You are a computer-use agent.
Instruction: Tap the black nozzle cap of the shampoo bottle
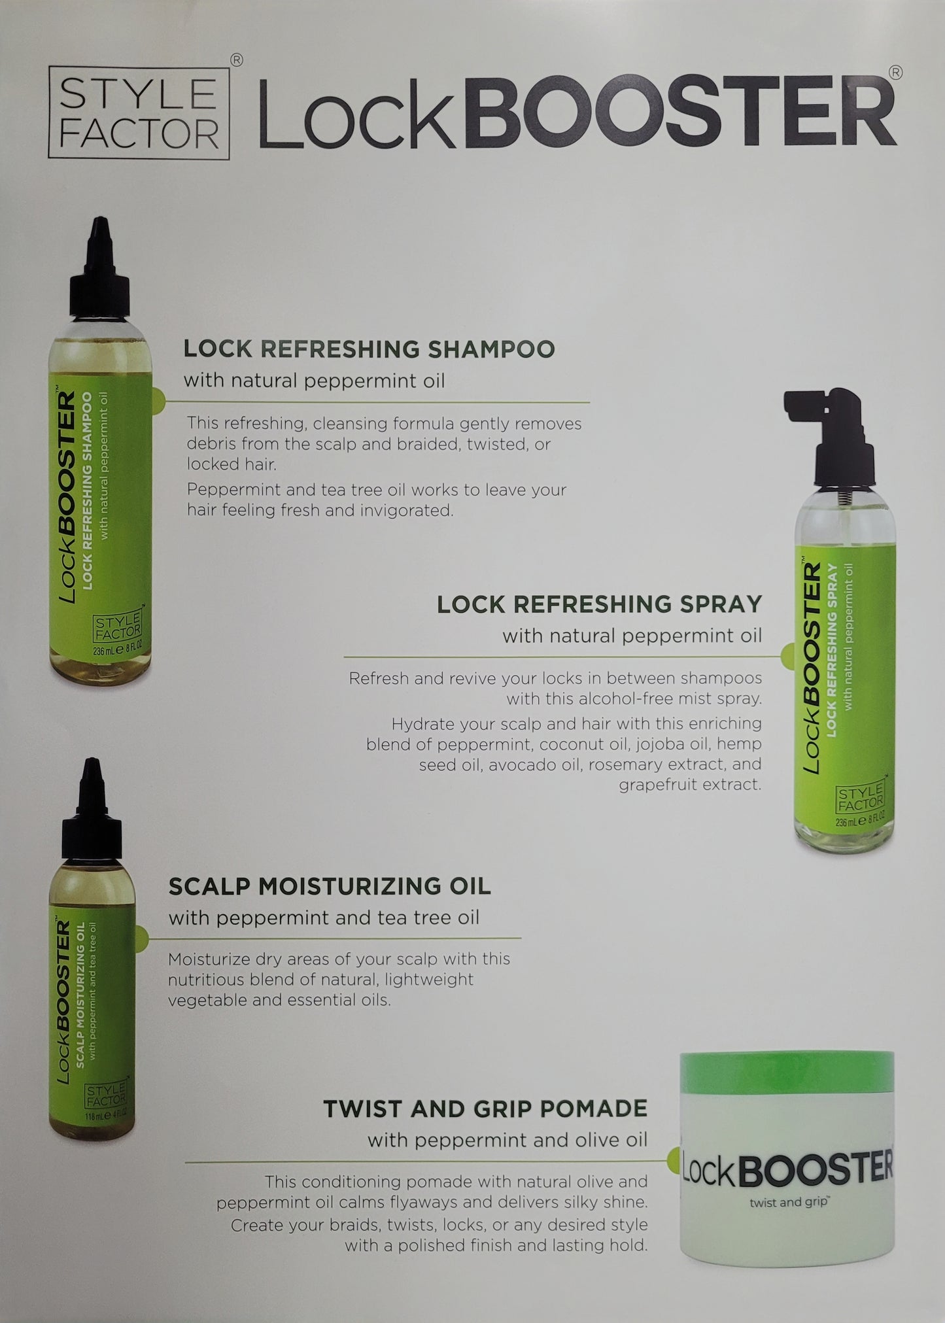[101, 274]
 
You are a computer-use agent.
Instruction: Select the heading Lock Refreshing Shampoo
[369, 349]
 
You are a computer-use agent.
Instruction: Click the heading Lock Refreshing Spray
[599, 604]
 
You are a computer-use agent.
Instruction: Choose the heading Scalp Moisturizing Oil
[330, 886]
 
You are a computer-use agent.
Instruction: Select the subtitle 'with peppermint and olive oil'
[507, 1140]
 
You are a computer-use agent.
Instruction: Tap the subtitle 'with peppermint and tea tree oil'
[324, 918]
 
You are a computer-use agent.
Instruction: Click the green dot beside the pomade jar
[674, 1162]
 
